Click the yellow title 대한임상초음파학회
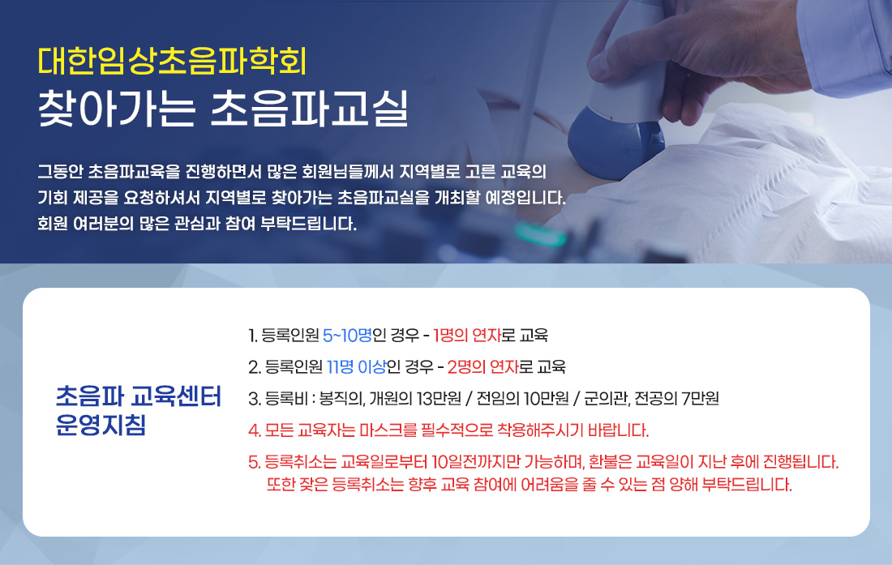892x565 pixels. click(173, 62)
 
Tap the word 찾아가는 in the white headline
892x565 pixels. click(117, 109)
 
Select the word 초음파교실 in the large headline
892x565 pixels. click(310, 109)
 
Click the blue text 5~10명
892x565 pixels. click(347, 336)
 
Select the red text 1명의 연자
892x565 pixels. click(466, 336)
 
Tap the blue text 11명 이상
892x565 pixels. click(356, 367)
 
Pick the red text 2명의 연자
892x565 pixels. click(483, 367)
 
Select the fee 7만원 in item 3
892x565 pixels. click(701, 399)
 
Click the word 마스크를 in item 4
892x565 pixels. click(388, 430)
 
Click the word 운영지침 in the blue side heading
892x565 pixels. click(101, 426)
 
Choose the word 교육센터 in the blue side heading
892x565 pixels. click(176, 396)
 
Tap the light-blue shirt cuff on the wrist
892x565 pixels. click(847, 45)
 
